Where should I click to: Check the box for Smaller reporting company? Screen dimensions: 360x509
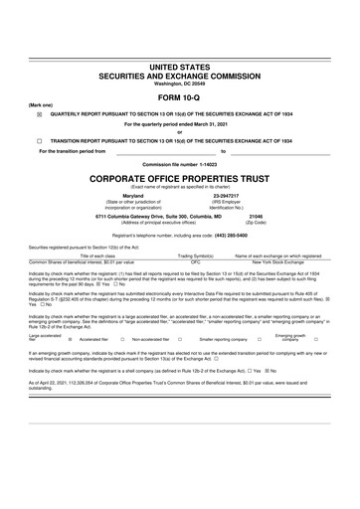pos(259,338)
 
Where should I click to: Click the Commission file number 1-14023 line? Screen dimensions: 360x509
pos(180,162)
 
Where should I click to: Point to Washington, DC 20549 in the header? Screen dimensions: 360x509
pos(180,83)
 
